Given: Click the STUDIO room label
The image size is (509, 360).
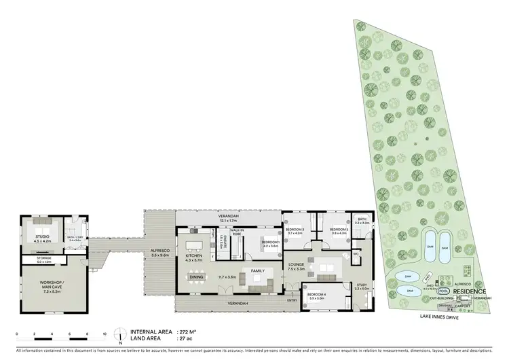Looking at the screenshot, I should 41,236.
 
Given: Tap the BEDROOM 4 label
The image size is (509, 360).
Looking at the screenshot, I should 317,294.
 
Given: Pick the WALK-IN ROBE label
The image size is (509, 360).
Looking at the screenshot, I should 237,232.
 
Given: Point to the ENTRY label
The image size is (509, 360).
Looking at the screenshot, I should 292,300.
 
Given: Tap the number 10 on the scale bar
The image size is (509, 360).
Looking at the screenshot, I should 105,334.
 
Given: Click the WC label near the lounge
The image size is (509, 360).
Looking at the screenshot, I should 356,255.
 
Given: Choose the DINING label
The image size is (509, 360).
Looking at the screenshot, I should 196,276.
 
